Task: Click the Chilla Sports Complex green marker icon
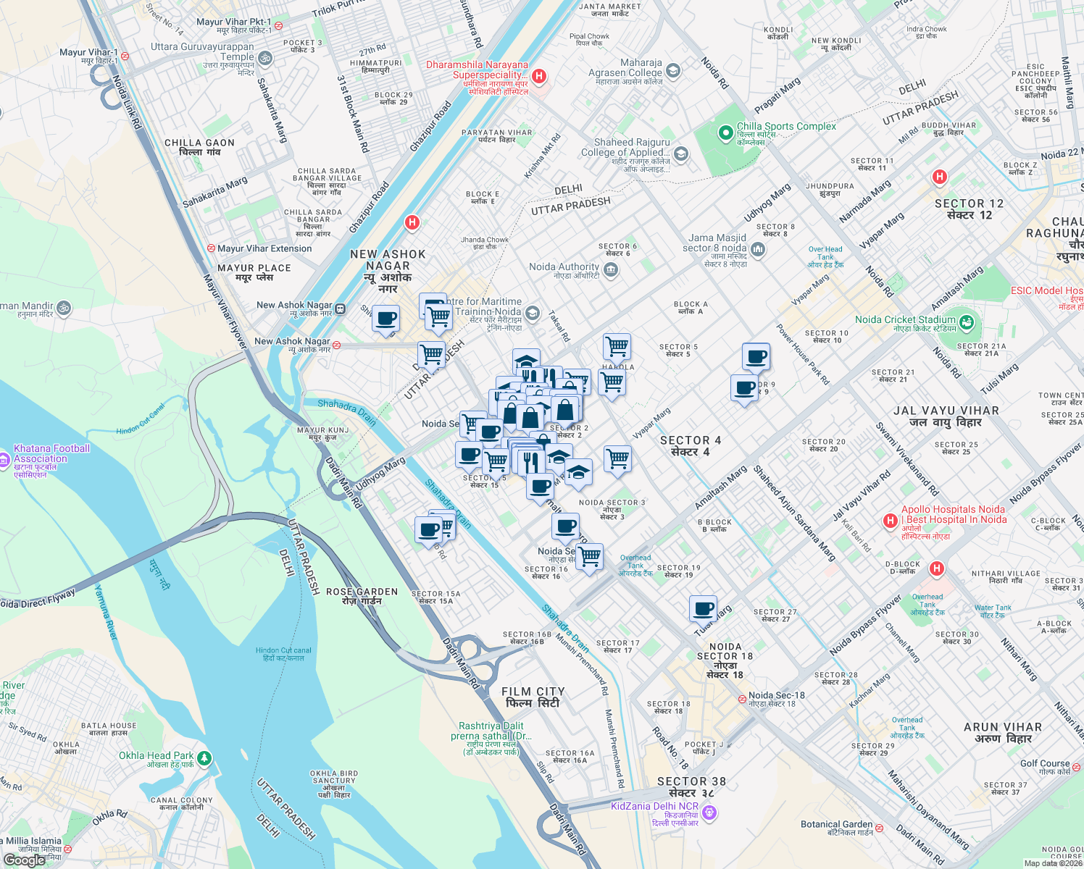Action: (725, 133)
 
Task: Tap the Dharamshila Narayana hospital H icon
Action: (538, 76)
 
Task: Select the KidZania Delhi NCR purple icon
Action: (709, 813)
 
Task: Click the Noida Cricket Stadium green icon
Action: (966, 322)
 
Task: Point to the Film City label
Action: (533, 697)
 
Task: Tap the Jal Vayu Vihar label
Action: (946, 416)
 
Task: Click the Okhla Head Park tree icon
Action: (205, 758)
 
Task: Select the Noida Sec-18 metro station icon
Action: (742, 699)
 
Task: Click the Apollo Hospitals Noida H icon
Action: (891, 521)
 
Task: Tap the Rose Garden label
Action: (362, 596)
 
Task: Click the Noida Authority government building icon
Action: (610, 270)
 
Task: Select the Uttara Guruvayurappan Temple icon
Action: (265, 57)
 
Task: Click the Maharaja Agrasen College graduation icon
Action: (673, 70)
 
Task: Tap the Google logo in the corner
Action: (24, 860)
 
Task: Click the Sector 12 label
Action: (969, 209)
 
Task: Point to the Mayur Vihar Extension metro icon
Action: (211, 248)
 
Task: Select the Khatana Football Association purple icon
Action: (4, 458)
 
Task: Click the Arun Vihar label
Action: (1002, 732)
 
